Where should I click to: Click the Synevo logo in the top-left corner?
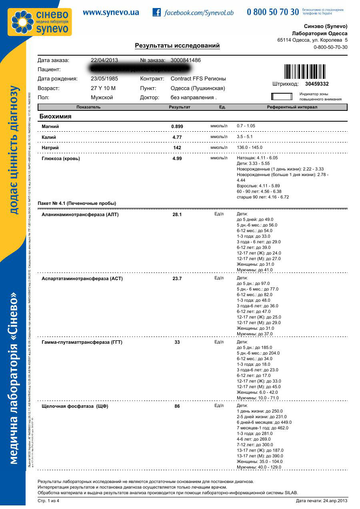coord(42,22)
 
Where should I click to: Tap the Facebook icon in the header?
coord(157,12)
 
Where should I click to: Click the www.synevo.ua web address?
coord(111,12)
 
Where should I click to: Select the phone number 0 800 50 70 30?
coord(273,12)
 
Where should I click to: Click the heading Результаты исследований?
coord(177,46)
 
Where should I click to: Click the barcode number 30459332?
coord(316,84)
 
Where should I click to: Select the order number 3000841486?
coord(186,60)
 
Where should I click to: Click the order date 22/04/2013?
coord(104,60)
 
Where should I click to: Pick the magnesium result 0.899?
coord(177,126)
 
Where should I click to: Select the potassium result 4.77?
coord(177,137)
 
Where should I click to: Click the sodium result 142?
coord(177,148)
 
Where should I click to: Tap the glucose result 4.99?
coord(177,158)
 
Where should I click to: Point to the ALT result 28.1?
coord(177,214)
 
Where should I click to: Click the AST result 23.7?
coord(177,279)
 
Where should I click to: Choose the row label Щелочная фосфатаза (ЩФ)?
coord(75,406)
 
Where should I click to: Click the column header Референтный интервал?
coord(292,107)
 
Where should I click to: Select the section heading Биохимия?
coord(55,116)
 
